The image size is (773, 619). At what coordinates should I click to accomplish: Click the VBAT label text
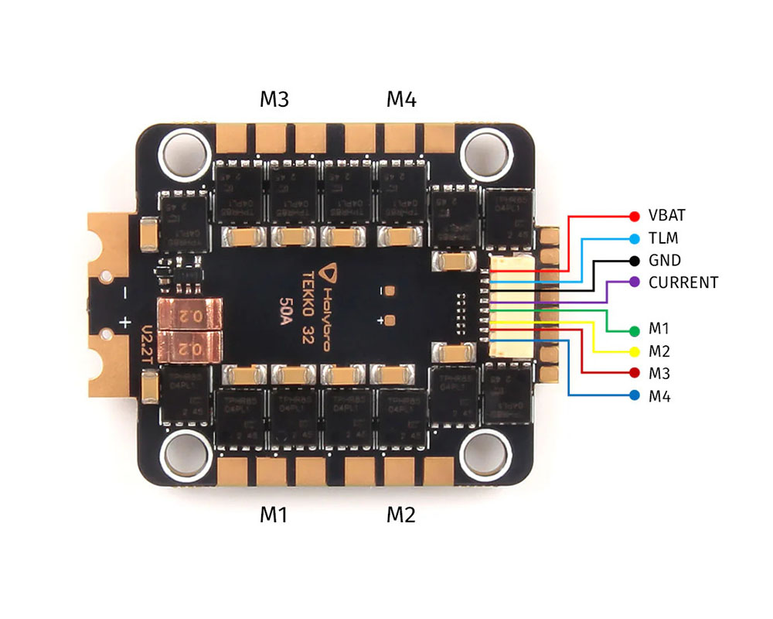[x=666, y=216]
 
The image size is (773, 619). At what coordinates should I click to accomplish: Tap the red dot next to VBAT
[x=635, y=216]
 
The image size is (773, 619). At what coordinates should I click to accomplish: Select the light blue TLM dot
[x=635, y=238]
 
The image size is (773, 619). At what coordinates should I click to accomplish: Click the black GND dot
[x=635, y=260]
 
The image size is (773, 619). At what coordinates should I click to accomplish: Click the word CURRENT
[x=683, y=282]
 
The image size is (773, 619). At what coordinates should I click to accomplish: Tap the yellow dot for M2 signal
[x=635, y=352]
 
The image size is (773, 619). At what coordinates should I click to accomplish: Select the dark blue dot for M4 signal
[x=635, y=395]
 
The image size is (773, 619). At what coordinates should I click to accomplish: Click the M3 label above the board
[x=274, y=100]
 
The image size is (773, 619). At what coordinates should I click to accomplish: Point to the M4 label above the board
[x=401, y=100]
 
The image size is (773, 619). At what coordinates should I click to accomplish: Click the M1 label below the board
[x=274, y=515]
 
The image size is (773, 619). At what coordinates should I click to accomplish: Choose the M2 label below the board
[x=401, y=515]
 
